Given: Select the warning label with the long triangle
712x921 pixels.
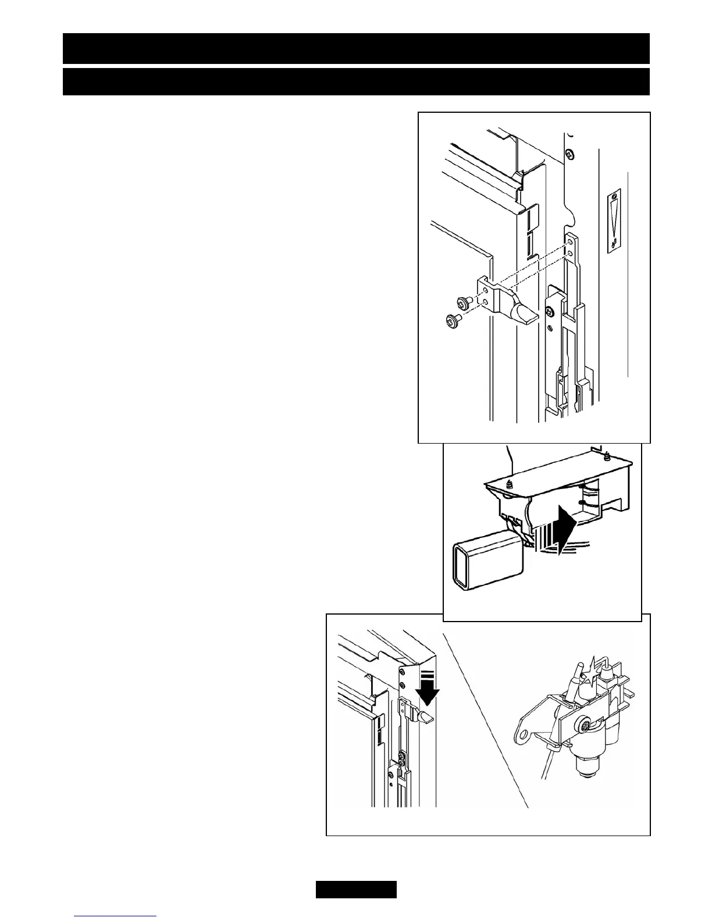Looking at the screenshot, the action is pos(614,220).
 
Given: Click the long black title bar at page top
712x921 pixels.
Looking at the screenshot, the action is pos(356,48).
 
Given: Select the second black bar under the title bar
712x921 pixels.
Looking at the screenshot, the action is pos(356,81).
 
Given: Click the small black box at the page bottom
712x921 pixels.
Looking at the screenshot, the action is pos(356,890).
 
